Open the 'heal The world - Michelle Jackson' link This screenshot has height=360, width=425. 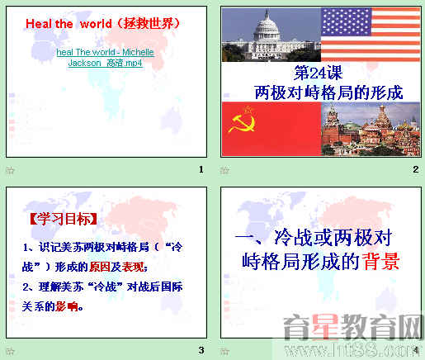pos(105,57)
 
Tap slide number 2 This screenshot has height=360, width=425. pos(415,170)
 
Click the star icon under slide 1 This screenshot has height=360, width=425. pos(10,170)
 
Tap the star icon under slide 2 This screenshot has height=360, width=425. pos(224,170)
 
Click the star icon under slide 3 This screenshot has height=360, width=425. pos(10,350)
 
